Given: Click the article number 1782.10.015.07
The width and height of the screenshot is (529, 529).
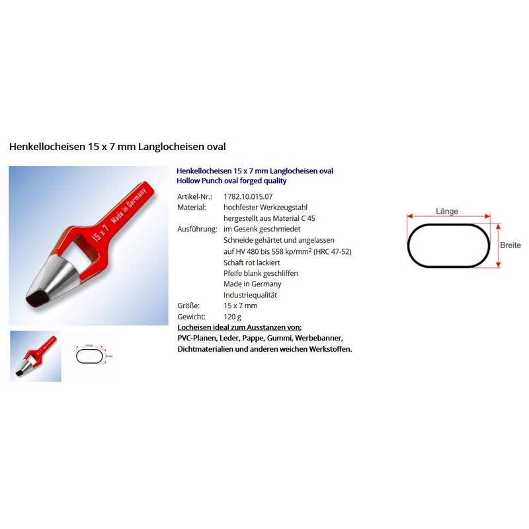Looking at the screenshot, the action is [x=248, y=196].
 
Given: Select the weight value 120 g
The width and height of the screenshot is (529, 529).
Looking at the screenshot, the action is [x=232, y=317].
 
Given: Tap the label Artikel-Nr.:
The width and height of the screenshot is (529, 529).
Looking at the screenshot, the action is [x=194, y=196].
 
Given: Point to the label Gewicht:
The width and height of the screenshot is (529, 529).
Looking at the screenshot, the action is [x=191, y=317].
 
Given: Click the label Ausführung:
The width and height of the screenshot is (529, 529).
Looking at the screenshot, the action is [x=197, y=229].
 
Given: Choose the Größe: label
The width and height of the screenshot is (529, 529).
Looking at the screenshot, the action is [x=188, y=305].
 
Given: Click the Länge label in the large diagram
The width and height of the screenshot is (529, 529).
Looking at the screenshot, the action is [x=447, y=212].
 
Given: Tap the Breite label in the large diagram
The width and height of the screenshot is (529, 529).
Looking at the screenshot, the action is [x=510, y=245].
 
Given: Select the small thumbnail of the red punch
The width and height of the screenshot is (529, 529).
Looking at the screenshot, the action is [x=36, y=356].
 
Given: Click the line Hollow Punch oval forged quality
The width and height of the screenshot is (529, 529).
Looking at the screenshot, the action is [x=231, y=181].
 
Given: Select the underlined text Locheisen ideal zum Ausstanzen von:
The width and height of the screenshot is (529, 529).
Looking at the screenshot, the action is [x=239, y=327].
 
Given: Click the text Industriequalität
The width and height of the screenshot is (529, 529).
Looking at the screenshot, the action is [x=250, y=295].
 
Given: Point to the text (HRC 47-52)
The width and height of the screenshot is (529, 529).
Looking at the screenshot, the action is [x=333, y=252].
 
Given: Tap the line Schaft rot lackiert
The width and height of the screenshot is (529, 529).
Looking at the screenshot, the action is [x=251, y=263].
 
